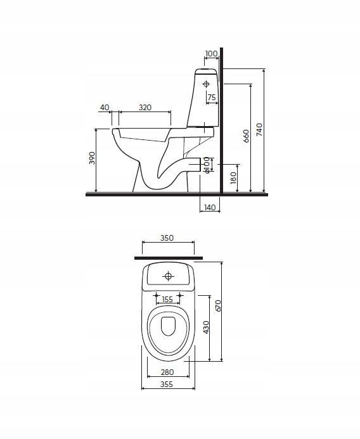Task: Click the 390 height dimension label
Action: tap(91, 158)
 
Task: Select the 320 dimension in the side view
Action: tap(145, 107)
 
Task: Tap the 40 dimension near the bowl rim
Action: tap(105, 107)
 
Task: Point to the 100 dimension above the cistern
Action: tap(211, 54)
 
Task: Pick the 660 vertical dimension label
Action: tap(246, 136)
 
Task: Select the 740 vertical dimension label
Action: tap(259, 129)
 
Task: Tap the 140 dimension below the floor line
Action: tap(209, 207)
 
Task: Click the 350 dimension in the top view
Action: tap(167, 238)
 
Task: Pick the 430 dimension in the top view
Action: tap(205, 327)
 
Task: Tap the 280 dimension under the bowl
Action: tap(168, 372)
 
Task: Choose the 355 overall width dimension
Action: tap(168, 384)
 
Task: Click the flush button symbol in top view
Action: tap(168, 276)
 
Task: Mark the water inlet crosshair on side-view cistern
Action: tap(207, 83)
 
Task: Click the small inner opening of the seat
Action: tap(168, 326)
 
